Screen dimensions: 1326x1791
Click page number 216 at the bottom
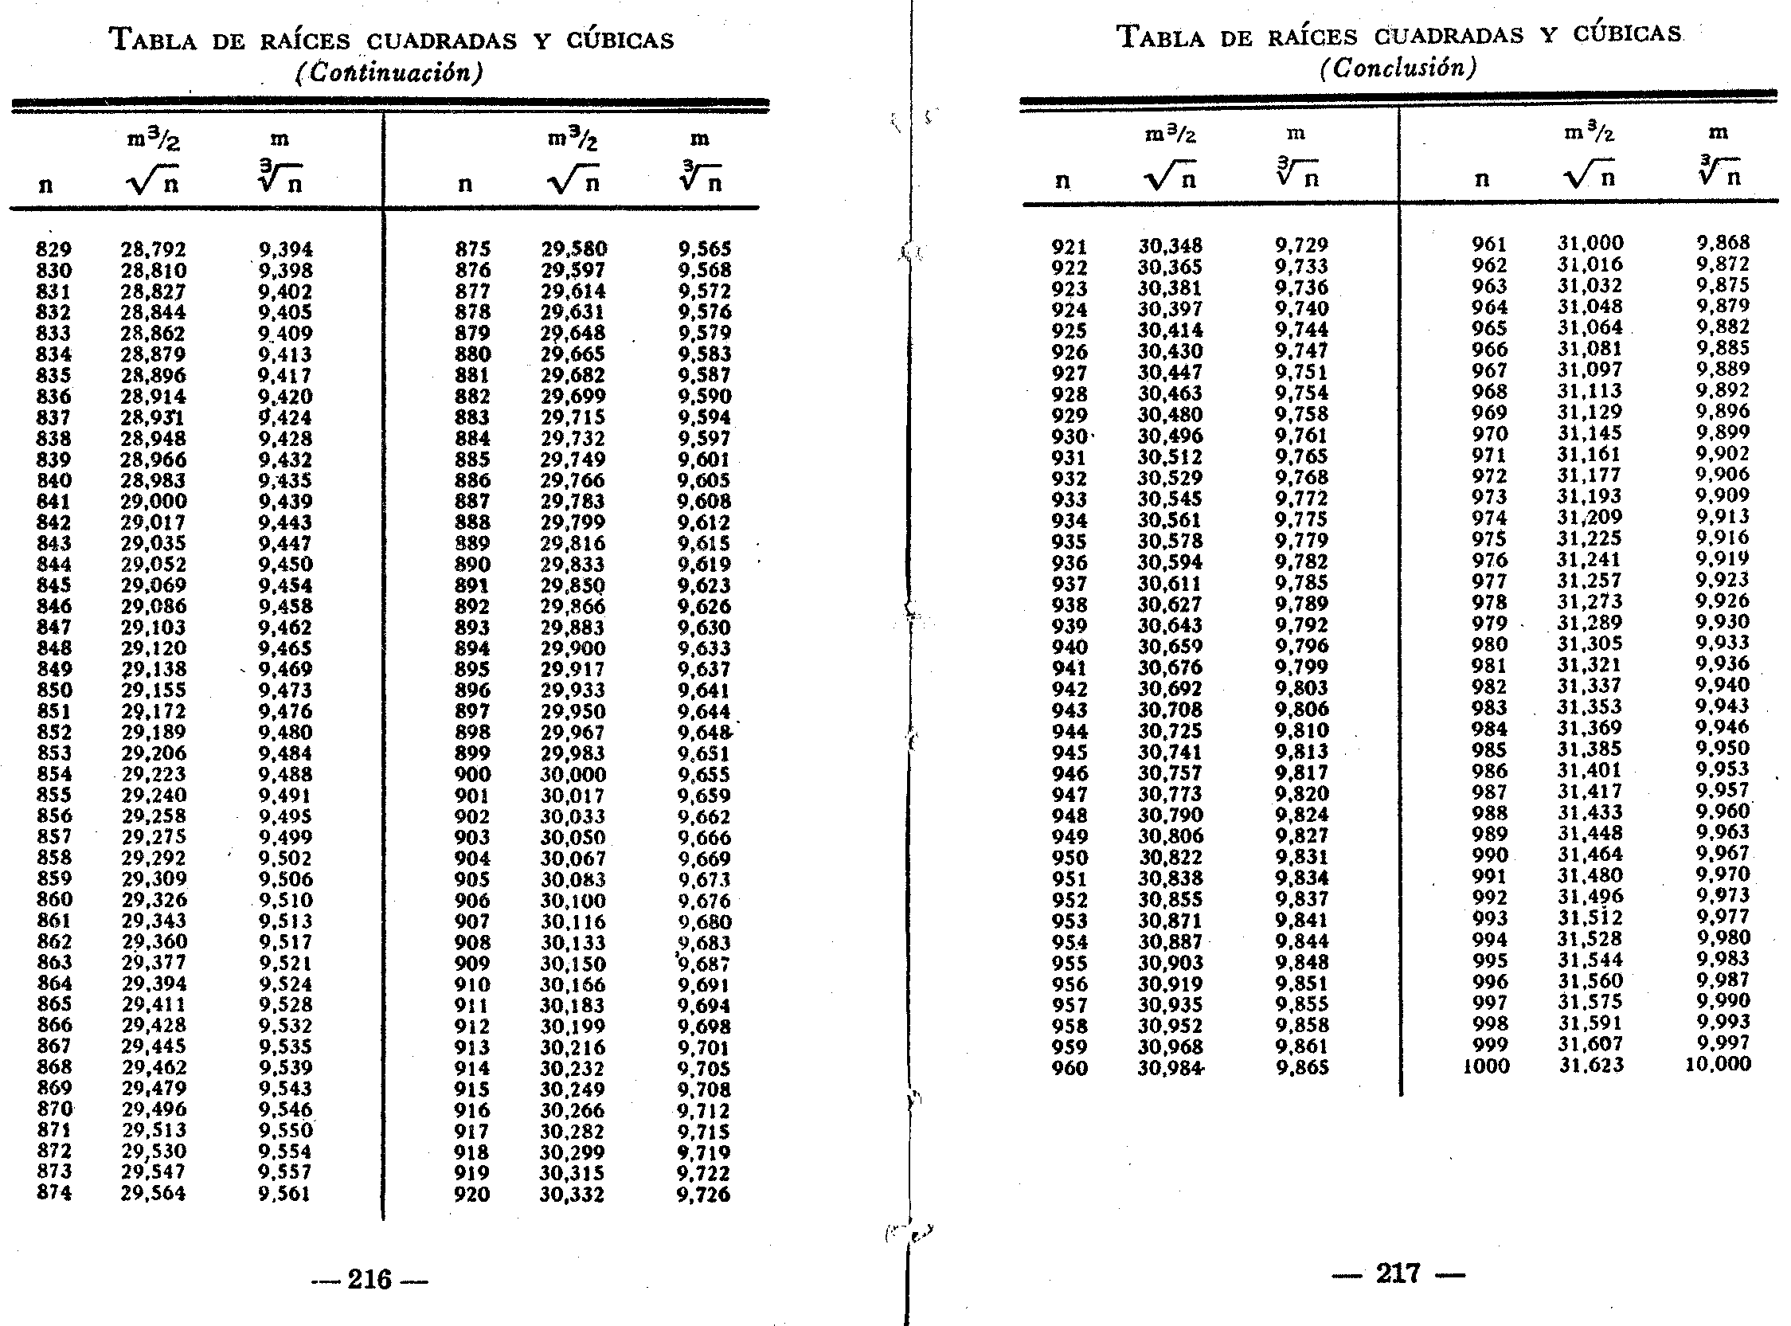(x=370, y=1280)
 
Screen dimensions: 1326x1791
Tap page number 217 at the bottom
(x=1398, y=1273)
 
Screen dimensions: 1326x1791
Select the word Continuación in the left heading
(x=389, y=73)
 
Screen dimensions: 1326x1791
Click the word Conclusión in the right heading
(x=1397, y=68)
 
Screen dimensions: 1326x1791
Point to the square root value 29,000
(x=154, y=502)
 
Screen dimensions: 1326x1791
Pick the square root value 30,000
(x=573, y=775)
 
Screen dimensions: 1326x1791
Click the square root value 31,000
(x=1590, y=243)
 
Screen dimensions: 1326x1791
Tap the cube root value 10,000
(x=1718, y=1064)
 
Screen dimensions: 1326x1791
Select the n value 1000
(x=1486, y=1066)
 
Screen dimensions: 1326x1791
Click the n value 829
(x=54, y=249)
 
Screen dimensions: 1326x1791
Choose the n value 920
(x=471, y=1195)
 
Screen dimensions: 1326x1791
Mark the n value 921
(x=1069, y=245)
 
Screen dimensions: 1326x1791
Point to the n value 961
(x=1489, y=243)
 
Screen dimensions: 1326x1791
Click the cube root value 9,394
(x=285, y=249)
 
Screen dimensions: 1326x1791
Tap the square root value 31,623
(x=1590, y=1065)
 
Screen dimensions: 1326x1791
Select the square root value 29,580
(x=573, y=248)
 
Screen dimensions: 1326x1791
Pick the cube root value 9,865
(x=1301, y=1067)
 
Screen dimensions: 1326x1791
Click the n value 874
(x=54, y=1193)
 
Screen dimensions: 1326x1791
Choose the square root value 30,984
(x=1171, y=1068)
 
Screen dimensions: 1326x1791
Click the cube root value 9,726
(x=704, y=1195)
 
